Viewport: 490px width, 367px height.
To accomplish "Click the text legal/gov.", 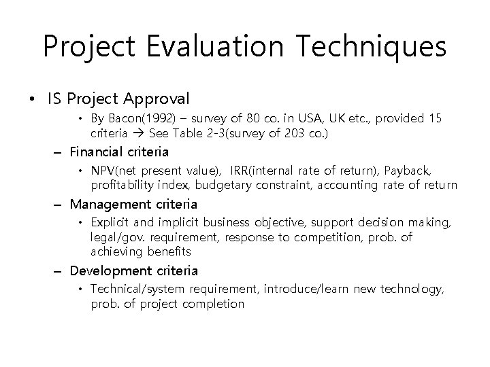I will click(x=114, y=238).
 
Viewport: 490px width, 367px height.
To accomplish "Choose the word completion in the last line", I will click(x=213, y=304).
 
